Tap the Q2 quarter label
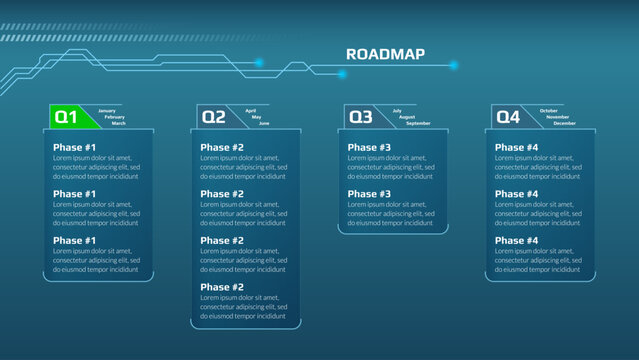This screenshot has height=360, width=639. click(214, 117)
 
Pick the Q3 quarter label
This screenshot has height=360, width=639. click(361, 117)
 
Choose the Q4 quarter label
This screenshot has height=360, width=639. click(508, 117)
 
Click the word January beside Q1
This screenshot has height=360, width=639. click(107, 110)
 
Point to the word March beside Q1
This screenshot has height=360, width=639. click(118, 123)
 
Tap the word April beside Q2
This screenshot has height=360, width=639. click(251, 110)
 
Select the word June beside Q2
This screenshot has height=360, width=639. click(264, 123)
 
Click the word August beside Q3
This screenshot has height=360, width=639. click(407, 117)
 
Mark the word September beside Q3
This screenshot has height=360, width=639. click(418, 123)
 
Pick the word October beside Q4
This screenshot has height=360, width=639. click(549, 110)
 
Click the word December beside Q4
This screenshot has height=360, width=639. click(564, 123)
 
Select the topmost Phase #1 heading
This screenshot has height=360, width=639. click(75, 148)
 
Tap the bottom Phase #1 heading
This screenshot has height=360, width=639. click(75, 241)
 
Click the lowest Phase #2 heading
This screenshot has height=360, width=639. click(222, 287)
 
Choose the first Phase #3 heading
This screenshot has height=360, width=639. click(369, 148)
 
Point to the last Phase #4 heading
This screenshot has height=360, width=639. click(516, 241)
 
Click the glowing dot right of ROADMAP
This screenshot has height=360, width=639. click(453, 65)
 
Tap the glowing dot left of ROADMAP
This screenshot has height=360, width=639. click(258, 62)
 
